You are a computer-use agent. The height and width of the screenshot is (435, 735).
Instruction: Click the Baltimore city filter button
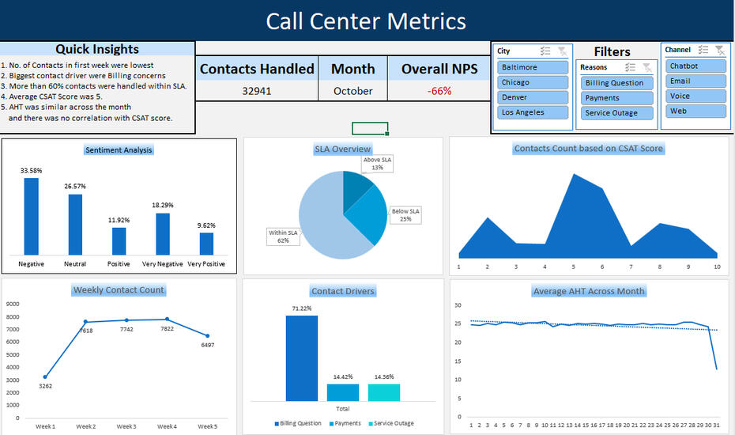coord(533,67)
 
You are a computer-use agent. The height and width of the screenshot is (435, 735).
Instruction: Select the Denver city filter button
coord(533,97)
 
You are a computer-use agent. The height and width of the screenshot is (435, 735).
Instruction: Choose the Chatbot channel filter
coord(695,66)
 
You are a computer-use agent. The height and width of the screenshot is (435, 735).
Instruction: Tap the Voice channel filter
coord(695,96)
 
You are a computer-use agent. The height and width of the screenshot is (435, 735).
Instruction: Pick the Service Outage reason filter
coord(616,113)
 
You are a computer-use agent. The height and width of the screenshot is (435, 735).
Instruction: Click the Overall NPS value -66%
coord(439,91)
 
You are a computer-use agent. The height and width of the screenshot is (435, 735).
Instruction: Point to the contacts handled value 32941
coord(257,91)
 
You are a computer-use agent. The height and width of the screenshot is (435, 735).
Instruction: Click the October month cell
coord(352,91)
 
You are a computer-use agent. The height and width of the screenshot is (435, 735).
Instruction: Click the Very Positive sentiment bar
coord(206,243)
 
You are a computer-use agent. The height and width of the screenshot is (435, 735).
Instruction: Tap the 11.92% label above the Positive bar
coord(119,220)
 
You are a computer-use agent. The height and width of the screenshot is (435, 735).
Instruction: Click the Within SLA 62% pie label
coord(283,236)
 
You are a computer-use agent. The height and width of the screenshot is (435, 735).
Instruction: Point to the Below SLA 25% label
coord(405,214)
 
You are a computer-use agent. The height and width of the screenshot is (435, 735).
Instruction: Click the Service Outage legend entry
coord(391,423)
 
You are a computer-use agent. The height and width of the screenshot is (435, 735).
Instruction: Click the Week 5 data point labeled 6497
coord(207,336)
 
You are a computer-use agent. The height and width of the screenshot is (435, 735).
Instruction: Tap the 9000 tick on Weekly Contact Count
coord(12,304)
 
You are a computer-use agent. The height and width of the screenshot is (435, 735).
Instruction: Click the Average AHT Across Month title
coord(589,291)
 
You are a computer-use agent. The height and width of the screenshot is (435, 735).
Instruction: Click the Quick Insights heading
coord(97,49)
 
